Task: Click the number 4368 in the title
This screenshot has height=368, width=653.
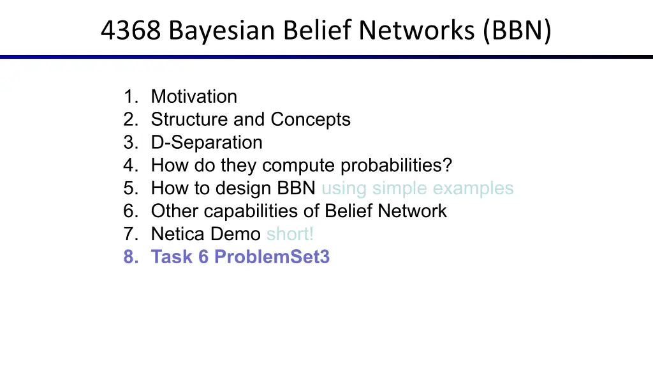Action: click(131, 30)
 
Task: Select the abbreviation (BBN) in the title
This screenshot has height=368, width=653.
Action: click(517, 31)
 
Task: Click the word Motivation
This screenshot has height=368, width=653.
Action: click(194, 96)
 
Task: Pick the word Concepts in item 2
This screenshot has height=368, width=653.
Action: click(311, 120)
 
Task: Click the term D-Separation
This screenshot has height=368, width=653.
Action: click(207, 142)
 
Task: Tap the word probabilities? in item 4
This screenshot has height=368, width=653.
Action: click(396, 165)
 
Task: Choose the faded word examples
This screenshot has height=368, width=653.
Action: click(473, 188)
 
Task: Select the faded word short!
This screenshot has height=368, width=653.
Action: click(290, 234)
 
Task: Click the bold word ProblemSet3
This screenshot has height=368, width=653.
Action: click(272, 257)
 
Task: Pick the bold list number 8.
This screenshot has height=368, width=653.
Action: click(131, 257)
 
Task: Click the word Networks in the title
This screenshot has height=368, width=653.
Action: click(416, 31)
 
